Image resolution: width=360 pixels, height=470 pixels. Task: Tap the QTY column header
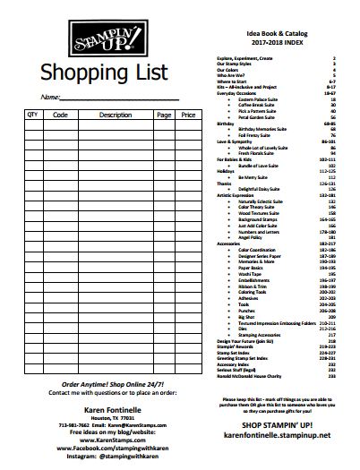33,115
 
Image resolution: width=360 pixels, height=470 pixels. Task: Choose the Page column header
163,115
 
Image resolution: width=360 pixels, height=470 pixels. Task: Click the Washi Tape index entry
248,272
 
